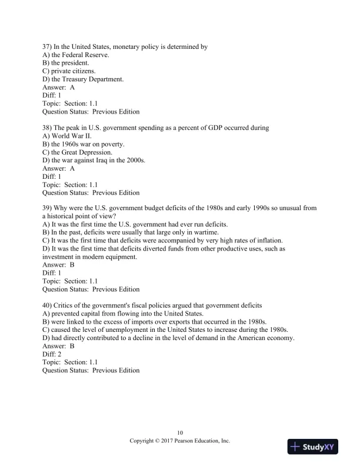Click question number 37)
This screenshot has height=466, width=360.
48,46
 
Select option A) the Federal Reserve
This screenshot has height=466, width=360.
76,55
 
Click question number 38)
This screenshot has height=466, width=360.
48,128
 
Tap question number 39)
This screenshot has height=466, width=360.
48,208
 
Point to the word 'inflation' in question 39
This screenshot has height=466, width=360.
268,241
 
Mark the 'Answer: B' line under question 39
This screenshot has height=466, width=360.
58,265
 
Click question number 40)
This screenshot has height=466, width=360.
48,305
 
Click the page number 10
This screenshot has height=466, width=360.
180,432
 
